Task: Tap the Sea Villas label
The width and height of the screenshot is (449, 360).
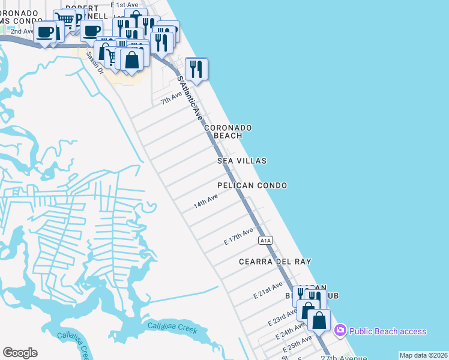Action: coord(242,161)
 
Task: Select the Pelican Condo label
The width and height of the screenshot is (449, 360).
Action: coord(252,186)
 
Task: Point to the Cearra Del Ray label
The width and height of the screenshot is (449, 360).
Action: coord(275,262)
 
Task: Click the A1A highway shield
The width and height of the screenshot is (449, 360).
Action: coord(266,240)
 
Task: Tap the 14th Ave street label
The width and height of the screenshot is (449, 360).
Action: coord(205,202)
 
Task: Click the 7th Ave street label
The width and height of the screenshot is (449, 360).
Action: coord(171,98)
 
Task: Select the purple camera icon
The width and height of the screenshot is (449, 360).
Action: coord(340,330)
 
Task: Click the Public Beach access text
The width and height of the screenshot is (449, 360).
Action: coord(388,331)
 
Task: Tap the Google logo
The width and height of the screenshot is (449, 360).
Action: coord(20,353)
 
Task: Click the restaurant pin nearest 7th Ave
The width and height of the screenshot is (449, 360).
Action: coord(196,69)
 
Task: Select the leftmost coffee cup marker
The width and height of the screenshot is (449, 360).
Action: coord(46,31)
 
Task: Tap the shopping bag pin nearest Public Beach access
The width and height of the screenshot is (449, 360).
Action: coord(319,319)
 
